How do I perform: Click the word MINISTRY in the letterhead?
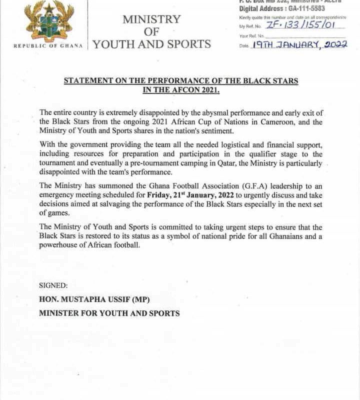click(x=151, y=19)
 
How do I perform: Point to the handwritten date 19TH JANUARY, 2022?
click(x=299, y=45)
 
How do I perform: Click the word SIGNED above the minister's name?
click(x=53, y=285)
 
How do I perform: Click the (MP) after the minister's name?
click(x=140, y=299)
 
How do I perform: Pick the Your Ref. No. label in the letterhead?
click(x=250, y=35)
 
